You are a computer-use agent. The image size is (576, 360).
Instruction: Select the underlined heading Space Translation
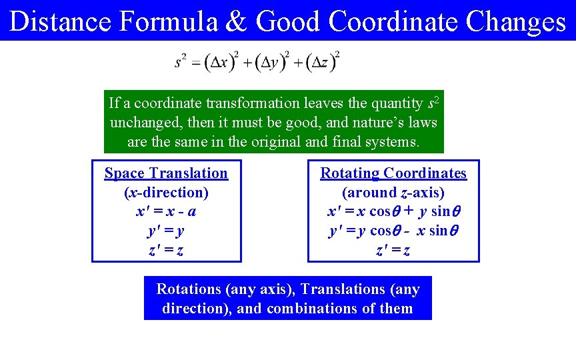[166, 173]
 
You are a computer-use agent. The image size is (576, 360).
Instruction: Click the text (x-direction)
[166, 193]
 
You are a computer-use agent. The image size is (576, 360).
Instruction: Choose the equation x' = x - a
[166, 212]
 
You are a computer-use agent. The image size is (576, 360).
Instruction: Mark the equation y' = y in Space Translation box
[166, 231]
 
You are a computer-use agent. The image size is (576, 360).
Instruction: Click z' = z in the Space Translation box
[166, 251]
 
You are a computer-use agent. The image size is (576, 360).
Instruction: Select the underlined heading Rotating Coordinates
[393, 173]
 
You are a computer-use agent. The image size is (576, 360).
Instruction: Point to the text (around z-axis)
[393, 193]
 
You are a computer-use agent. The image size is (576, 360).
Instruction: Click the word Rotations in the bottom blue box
[189, 289]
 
